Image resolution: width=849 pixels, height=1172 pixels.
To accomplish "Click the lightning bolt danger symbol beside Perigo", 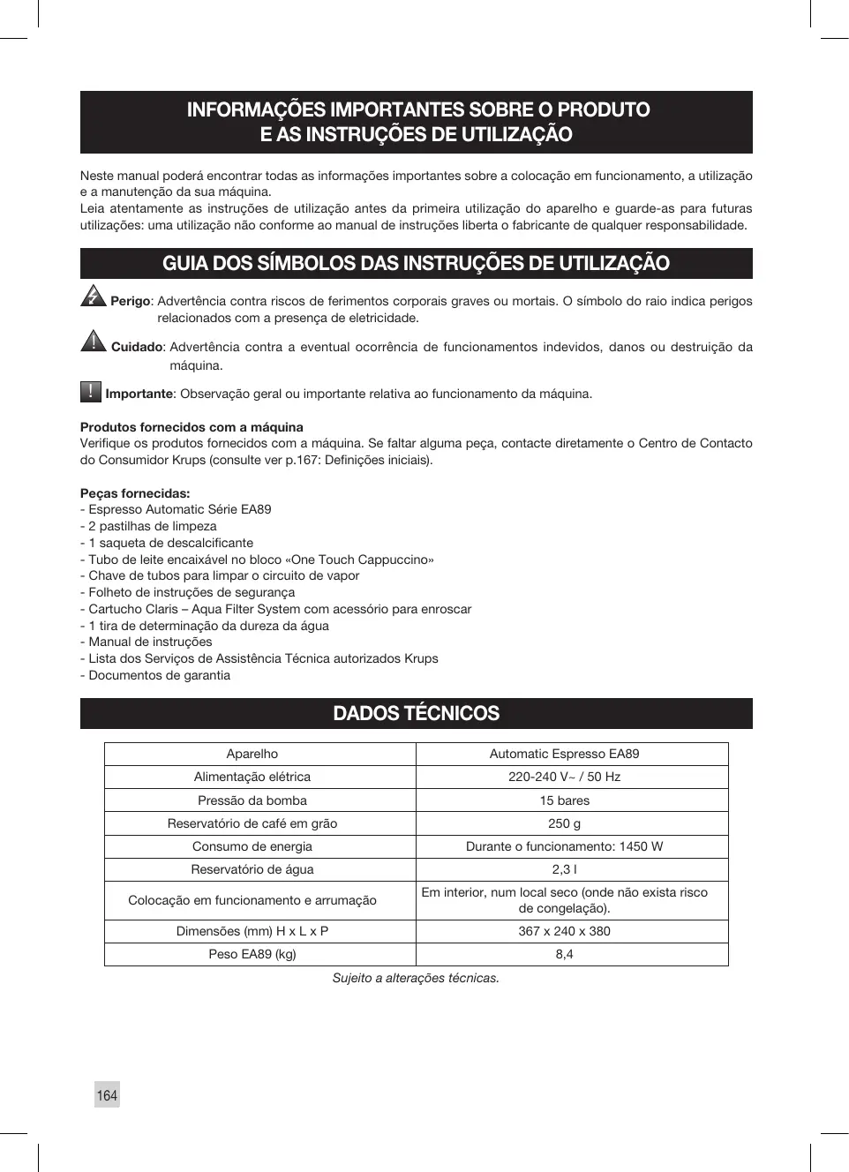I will (93, 297).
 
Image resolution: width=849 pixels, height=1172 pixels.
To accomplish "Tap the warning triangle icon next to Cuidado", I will (93, 341).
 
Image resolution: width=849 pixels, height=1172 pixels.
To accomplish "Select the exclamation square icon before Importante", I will (91, 391).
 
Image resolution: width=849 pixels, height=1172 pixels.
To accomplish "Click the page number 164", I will (107, 1095).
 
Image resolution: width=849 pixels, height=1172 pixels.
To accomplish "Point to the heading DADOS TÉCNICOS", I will (416, 713).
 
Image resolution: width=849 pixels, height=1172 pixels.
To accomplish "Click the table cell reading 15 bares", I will (565, 800).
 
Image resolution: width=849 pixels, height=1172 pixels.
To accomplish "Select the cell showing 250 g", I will (565, 823).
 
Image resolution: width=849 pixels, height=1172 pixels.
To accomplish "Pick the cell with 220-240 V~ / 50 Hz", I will (565, 777).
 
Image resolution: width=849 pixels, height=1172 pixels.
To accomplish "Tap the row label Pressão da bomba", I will (252, 800).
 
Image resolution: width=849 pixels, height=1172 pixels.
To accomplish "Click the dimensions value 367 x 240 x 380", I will (565, 931).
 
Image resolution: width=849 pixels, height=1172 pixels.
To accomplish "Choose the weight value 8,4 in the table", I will (565, 954).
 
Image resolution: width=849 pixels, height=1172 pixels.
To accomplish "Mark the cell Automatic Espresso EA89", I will (565, 754).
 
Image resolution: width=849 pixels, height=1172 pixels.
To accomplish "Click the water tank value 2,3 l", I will (565, 869).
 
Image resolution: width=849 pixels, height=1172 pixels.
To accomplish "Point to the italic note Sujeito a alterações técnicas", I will (416, 978).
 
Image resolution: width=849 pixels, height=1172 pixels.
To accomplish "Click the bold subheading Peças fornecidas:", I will (135, 493).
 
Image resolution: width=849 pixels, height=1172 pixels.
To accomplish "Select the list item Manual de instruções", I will (150, 642).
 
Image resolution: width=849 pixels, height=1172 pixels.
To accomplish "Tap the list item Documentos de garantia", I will (159, 675).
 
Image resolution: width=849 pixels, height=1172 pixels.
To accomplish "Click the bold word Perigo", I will (131, 301).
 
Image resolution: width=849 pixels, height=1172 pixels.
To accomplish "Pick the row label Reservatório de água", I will (252, 869).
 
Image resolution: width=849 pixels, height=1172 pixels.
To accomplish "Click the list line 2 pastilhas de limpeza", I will (152, 526).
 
